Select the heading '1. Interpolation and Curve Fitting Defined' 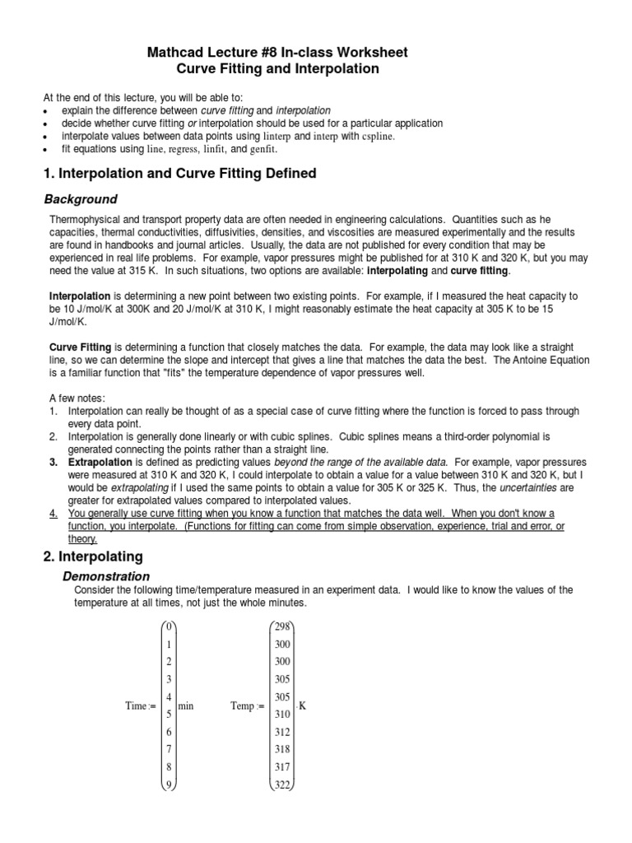179,174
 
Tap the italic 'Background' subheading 80,199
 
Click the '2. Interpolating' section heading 92,557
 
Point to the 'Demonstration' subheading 107,576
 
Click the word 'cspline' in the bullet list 383,136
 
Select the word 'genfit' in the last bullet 263,149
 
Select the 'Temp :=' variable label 248,706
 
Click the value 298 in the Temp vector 283,626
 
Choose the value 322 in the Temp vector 283,784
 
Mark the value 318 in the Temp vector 283,749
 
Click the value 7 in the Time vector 169,749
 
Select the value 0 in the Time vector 169,626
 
